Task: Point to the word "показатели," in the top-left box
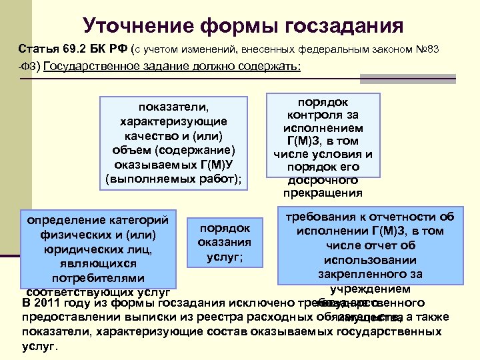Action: (x=173, y=107)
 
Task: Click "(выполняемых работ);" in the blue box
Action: (x=173, y=179)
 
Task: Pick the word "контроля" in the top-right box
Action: (x=323, y=115)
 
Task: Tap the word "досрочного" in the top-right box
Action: (x=323, y=180)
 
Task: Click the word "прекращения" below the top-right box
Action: (x=323, y=193)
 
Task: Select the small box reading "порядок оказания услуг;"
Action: (x=224, y=243)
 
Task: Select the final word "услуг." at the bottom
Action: (x=41, y=347)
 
